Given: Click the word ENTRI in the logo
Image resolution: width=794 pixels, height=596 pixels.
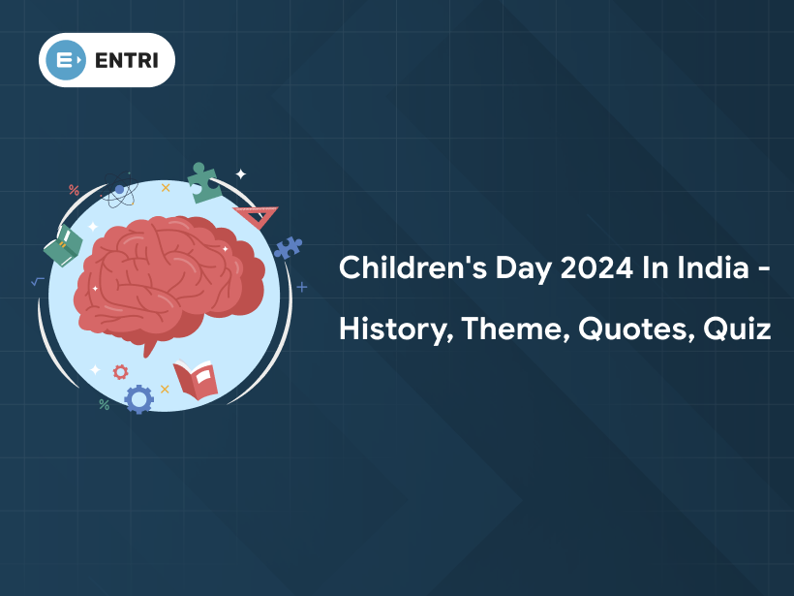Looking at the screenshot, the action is [127, 60].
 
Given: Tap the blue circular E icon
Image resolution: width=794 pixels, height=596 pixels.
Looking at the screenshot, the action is [66, 60].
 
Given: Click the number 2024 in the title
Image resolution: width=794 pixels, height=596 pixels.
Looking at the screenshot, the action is [596, 267].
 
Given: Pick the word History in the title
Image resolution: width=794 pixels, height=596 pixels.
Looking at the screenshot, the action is [396, 329].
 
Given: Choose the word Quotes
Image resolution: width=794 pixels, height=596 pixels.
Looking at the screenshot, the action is [636, 329].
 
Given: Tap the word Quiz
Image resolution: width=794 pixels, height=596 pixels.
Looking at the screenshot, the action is [737, 329].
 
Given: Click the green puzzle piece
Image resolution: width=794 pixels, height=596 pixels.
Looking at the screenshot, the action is [203, 184].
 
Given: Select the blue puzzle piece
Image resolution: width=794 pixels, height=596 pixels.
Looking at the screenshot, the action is [288, 247].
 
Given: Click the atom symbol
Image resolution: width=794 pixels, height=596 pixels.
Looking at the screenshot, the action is [119, 190].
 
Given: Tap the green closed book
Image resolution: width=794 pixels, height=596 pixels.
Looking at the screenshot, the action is [63, 246].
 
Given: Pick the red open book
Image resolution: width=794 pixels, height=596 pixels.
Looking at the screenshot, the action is [196, 380].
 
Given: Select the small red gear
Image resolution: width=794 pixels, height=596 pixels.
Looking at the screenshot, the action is [120, 372].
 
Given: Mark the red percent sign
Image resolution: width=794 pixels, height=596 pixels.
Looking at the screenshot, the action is [74, 190].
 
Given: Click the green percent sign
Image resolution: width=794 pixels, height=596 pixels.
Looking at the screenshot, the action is [105, 404].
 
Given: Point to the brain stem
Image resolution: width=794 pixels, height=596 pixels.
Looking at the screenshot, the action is [149, 348].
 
